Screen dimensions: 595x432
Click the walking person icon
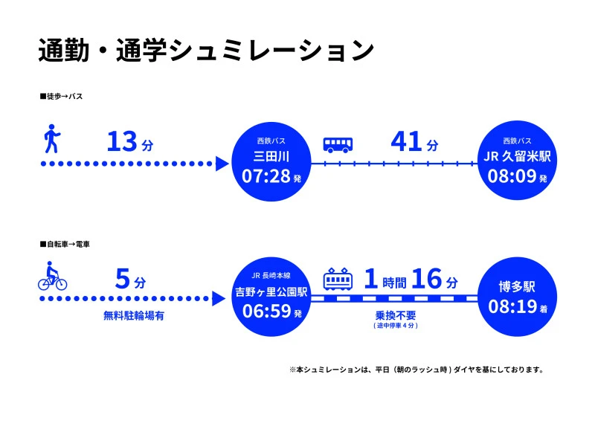[x=52, y=139]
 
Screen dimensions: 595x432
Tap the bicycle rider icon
[x=52, y=276]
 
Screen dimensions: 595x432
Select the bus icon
[x=338, y=145]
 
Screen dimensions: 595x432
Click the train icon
[x=338, y=279]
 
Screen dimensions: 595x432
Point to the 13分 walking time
[x=130, y=142]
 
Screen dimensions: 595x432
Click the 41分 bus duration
[x=414, y=142]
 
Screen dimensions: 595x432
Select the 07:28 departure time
[x=271, y=176]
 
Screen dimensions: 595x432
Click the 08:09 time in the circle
[x=517, y=176]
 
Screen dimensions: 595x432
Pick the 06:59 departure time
[x=272, y=311]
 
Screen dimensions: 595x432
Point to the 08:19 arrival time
[x=518, y=306]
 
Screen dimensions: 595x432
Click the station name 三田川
[x=271, y=156]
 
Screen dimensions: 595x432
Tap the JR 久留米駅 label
[x=517, y=156]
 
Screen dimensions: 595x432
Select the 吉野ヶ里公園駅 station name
[x=271, y=292]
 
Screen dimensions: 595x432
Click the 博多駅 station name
[x=517, y=287]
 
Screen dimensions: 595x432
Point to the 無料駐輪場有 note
[x=134, y=315]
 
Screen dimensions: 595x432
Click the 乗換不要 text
[x=396, y=315]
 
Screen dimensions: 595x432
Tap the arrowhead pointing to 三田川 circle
[x=222, y=164]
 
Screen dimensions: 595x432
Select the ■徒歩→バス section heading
[x=61, y=97]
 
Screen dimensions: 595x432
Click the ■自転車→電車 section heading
[x=65, y=245]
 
